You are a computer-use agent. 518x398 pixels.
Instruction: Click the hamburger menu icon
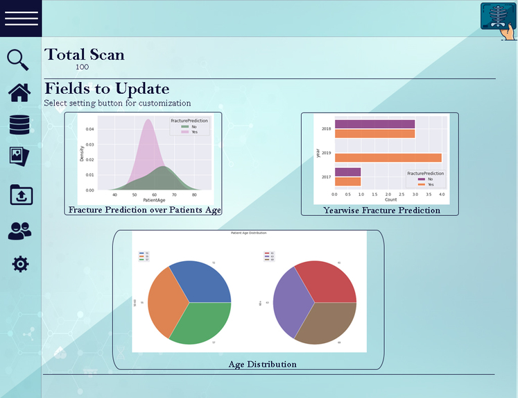point(21,19)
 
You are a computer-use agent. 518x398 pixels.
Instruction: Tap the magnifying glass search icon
point(18,60)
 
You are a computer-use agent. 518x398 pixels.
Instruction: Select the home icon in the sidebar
point(19,92)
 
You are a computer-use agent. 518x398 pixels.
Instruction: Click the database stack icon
point(20,124)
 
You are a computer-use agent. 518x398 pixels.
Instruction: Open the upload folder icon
point(21,194)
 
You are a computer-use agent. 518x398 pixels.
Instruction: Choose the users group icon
point(19,231)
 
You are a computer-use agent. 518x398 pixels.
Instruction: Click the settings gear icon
point(21,264)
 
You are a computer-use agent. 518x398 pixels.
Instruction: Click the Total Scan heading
point(85,54)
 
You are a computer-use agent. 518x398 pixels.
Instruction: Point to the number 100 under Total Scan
point(82,67)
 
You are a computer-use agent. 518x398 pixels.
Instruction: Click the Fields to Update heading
point(107,89)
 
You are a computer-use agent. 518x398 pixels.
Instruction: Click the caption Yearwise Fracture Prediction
point(381,210)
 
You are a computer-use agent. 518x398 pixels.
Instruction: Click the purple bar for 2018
point(374,124)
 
